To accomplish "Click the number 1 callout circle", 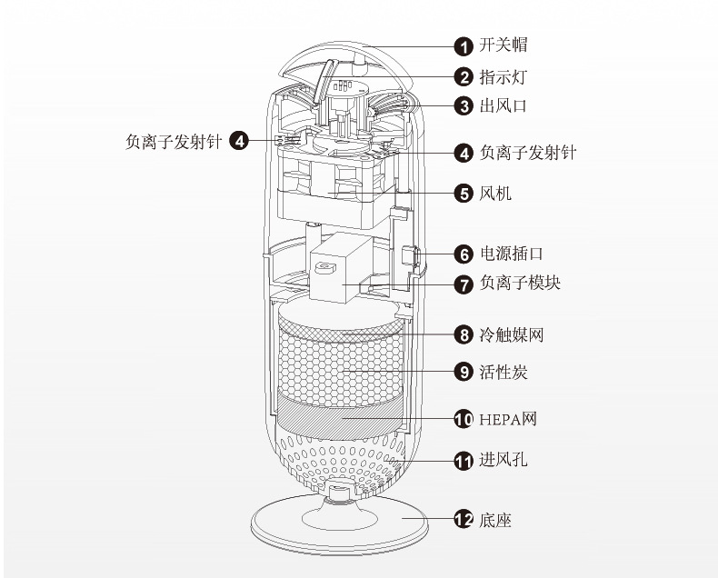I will tap(464, 45).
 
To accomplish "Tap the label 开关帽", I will tap(503, 45).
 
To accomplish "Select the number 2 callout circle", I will tap(464, 77).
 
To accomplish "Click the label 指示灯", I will tap(503, 77).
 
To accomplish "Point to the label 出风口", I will tap(503, 106).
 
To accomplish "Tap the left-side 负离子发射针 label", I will tap(173, 141).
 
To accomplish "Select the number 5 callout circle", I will tap(464, 194).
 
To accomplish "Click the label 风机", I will tap(495, 194).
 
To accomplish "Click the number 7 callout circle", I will tap(464, 284).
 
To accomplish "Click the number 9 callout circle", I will tap(464, 372).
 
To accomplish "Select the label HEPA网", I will tap(508, 419).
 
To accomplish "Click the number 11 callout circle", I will tap(464, 461).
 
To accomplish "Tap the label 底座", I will tap(495, 520).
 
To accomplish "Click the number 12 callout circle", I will tap(464, 520).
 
